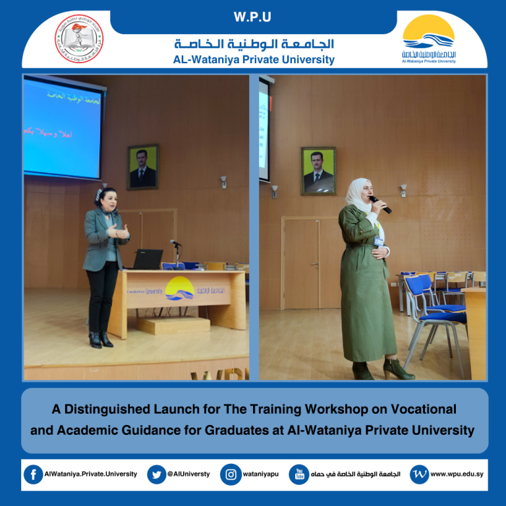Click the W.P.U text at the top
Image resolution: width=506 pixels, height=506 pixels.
253,16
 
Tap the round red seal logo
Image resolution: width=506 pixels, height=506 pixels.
78,38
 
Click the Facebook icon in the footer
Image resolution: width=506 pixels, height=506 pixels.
33,474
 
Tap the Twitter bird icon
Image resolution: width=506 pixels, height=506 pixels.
156,474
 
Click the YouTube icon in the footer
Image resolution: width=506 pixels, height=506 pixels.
299,474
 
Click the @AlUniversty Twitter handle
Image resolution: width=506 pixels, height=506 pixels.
189,474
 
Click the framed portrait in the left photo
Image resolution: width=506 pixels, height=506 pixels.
143,167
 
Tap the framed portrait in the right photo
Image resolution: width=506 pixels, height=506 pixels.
318,170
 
